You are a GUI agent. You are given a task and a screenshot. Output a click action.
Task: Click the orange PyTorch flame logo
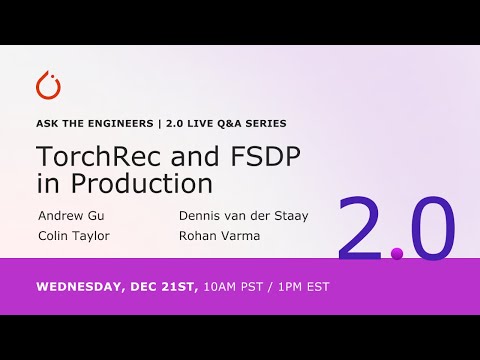click(x=47, y=86)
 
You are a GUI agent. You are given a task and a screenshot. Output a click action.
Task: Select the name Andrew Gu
click(x=70, y=214)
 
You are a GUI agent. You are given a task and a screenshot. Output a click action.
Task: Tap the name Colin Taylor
click(x=73, y=236)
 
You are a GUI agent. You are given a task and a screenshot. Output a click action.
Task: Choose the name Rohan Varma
click(x=219, y=236)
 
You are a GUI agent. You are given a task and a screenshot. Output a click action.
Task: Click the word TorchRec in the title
click(x=92, y=157)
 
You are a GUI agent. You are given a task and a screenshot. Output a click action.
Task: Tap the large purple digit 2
click(x=362, y=229)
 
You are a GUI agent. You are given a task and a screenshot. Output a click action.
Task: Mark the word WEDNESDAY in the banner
click(x=83, y=286)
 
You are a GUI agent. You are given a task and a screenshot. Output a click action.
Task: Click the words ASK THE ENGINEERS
click(x=97, y=124)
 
